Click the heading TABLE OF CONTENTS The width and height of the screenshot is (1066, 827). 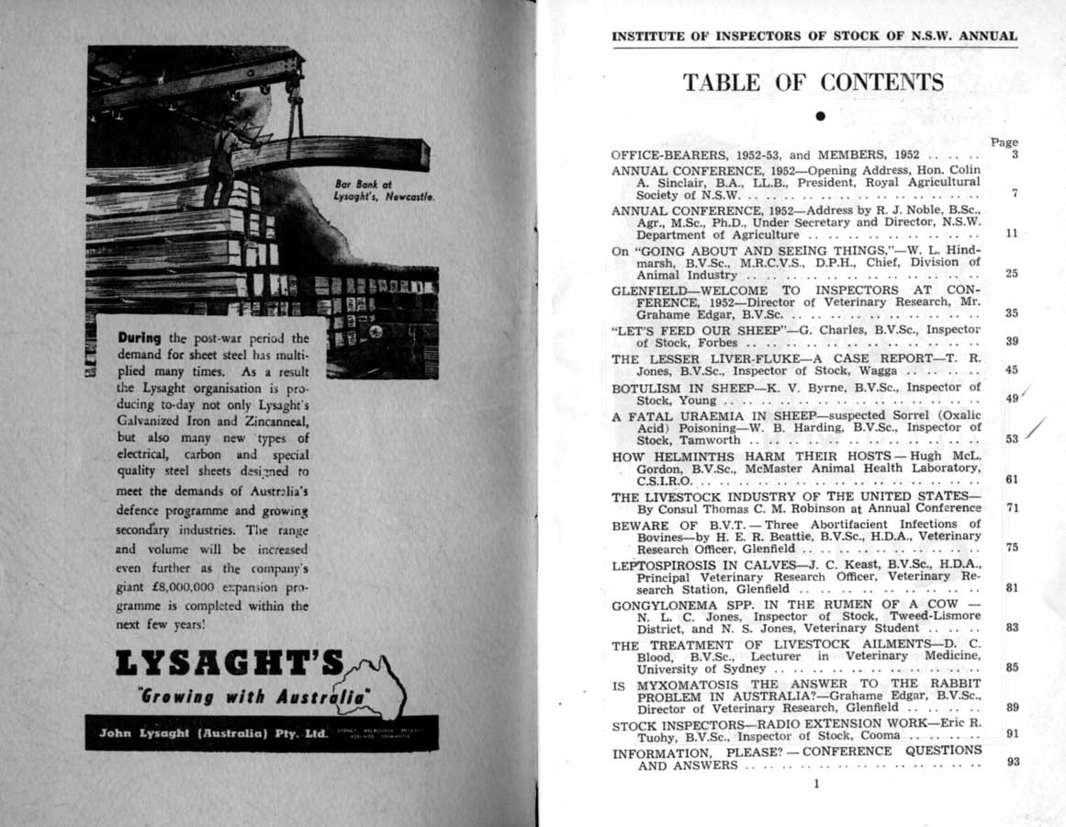tap(813, 83)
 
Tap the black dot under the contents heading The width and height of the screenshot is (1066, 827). tap(820, 116)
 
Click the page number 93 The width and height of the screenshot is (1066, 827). tap(1013, 761)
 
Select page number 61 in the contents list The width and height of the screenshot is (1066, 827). tap(1013, 479)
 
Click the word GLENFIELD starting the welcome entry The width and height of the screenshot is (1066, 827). tap(645, 289)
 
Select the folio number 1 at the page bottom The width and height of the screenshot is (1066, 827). tap(815, 784)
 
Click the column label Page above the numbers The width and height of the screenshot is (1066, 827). tap(1004, 142)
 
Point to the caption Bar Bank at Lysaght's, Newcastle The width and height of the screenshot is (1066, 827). tap(384, 190)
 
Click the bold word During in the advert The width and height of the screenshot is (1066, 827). tap(141, 337)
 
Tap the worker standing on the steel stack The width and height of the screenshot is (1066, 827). tap(222, 156)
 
